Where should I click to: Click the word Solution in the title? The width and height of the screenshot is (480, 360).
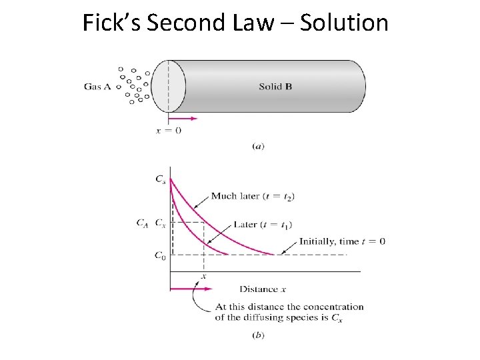344,23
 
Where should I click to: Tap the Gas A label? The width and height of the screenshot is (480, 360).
97,86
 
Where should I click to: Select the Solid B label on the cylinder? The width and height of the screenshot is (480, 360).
275,87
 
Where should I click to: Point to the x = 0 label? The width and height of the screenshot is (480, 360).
169,131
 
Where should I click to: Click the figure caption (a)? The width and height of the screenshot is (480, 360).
259,146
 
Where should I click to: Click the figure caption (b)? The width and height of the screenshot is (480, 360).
259,335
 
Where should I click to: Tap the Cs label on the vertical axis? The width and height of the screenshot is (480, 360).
161,179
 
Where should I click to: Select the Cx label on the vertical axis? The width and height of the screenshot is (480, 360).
161,223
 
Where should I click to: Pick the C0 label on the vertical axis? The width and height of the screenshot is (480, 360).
160,255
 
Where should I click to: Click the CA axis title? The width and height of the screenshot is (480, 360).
142,223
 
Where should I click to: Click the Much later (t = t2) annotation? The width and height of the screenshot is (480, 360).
253,196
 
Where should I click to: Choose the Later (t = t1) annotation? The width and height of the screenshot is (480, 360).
263,224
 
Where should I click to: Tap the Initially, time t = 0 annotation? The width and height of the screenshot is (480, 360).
342,241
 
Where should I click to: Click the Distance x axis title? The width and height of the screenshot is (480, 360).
263,289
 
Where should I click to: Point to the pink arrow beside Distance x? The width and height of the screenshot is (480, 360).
191,289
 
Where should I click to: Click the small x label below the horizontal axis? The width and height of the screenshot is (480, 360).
203,276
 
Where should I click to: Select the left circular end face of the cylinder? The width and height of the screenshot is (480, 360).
167,87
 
